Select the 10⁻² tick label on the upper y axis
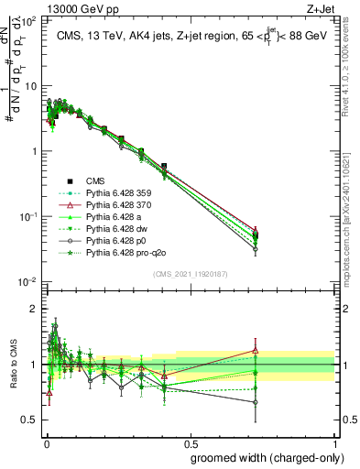click(x=27, y=282)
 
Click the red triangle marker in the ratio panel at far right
click(x=256, y=350)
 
